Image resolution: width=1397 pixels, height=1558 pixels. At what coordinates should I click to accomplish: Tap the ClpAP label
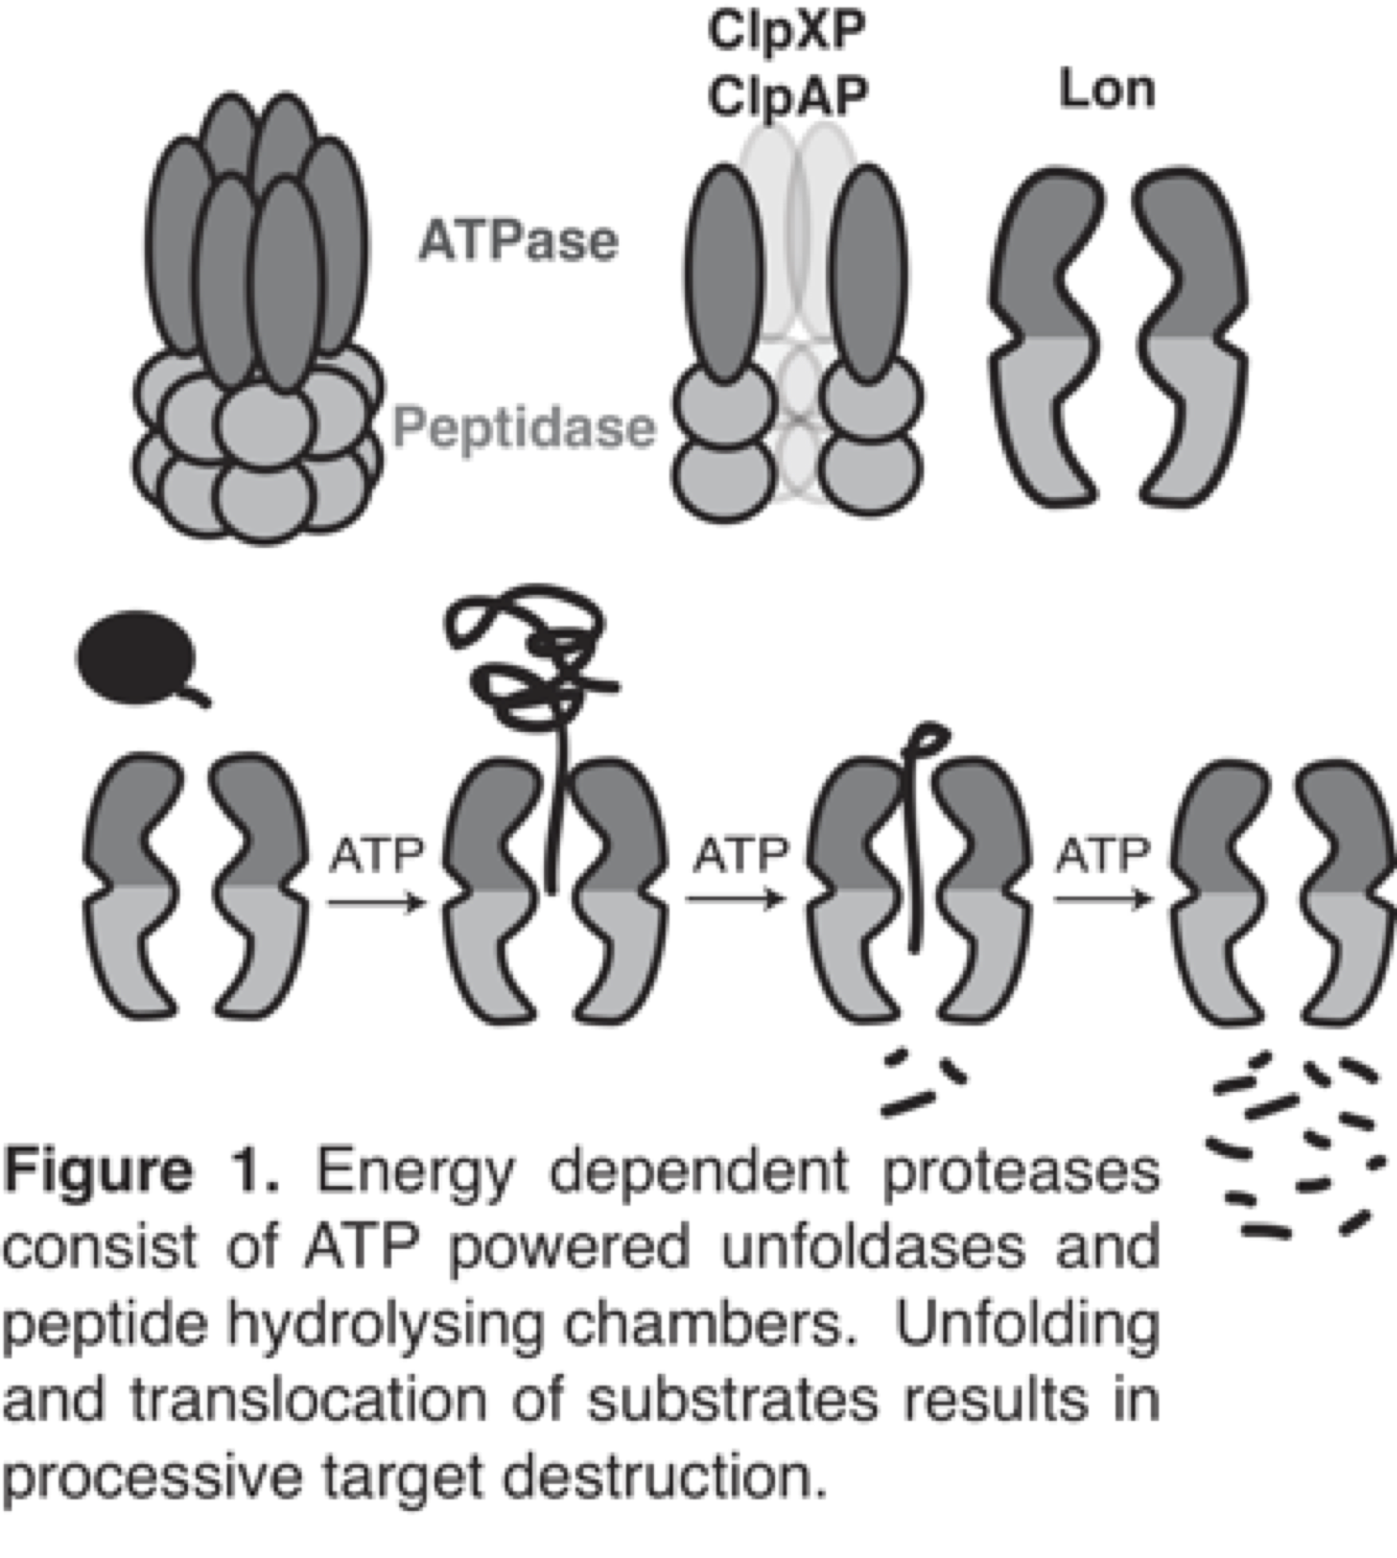coord(787,95)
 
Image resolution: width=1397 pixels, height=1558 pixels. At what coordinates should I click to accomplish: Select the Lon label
coord(1107,90)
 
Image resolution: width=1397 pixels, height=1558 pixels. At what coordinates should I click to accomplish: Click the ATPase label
coord(519,241)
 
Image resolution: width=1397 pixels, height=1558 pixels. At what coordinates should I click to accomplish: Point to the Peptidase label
coord(523,428)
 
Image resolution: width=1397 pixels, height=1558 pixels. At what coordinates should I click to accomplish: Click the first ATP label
coord(377,855)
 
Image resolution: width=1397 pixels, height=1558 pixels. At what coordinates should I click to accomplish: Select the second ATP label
coord(740,855)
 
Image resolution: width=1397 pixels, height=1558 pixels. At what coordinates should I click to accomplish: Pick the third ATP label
coord(1103,855)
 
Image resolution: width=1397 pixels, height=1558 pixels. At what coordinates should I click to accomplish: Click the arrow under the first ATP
coord(377,903)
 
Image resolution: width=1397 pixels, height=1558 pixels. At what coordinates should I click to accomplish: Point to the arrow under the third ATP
coord(1103,899)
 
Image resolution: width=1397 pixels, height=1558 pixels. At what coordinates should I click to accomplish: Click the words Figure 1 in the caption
coord(141,1172)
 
